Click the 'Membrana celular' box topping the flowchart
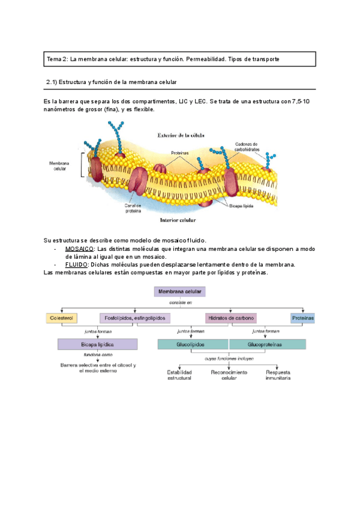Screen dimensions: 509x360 (x=180, y=292)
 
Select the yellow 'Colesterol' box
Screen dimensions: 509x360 (x=62, y=318)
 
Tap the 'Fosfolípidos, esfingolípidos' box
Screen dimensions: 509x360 (x=135, y=318)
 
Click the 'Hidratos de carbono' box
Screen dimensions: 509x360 (x=230, y=318)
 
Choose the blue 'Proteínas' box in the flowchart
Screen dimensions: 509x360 (x=303, y=318)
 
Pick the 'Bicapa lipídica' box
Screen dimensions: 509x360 (x=97, y=345)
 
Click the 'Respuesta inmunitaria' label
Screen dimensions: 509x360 (x=278, y=375)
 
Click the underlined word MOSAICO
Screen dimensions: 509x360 (x=79, y=248)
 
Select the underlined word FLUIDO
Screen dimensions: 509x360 (x=76, y=264)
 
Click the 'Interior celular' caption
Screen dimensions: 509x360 (x=181, y=220)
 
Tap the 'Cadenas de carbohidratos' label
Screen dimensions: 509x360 (x=246, y=146)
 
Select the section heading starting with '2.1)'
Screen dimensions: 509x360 (x=112, y=81)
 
